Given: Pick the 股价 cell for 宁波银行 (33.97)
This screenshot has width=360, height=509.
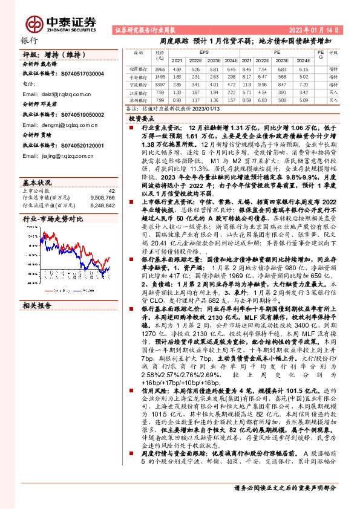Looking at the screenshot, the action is coord(160,85).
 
